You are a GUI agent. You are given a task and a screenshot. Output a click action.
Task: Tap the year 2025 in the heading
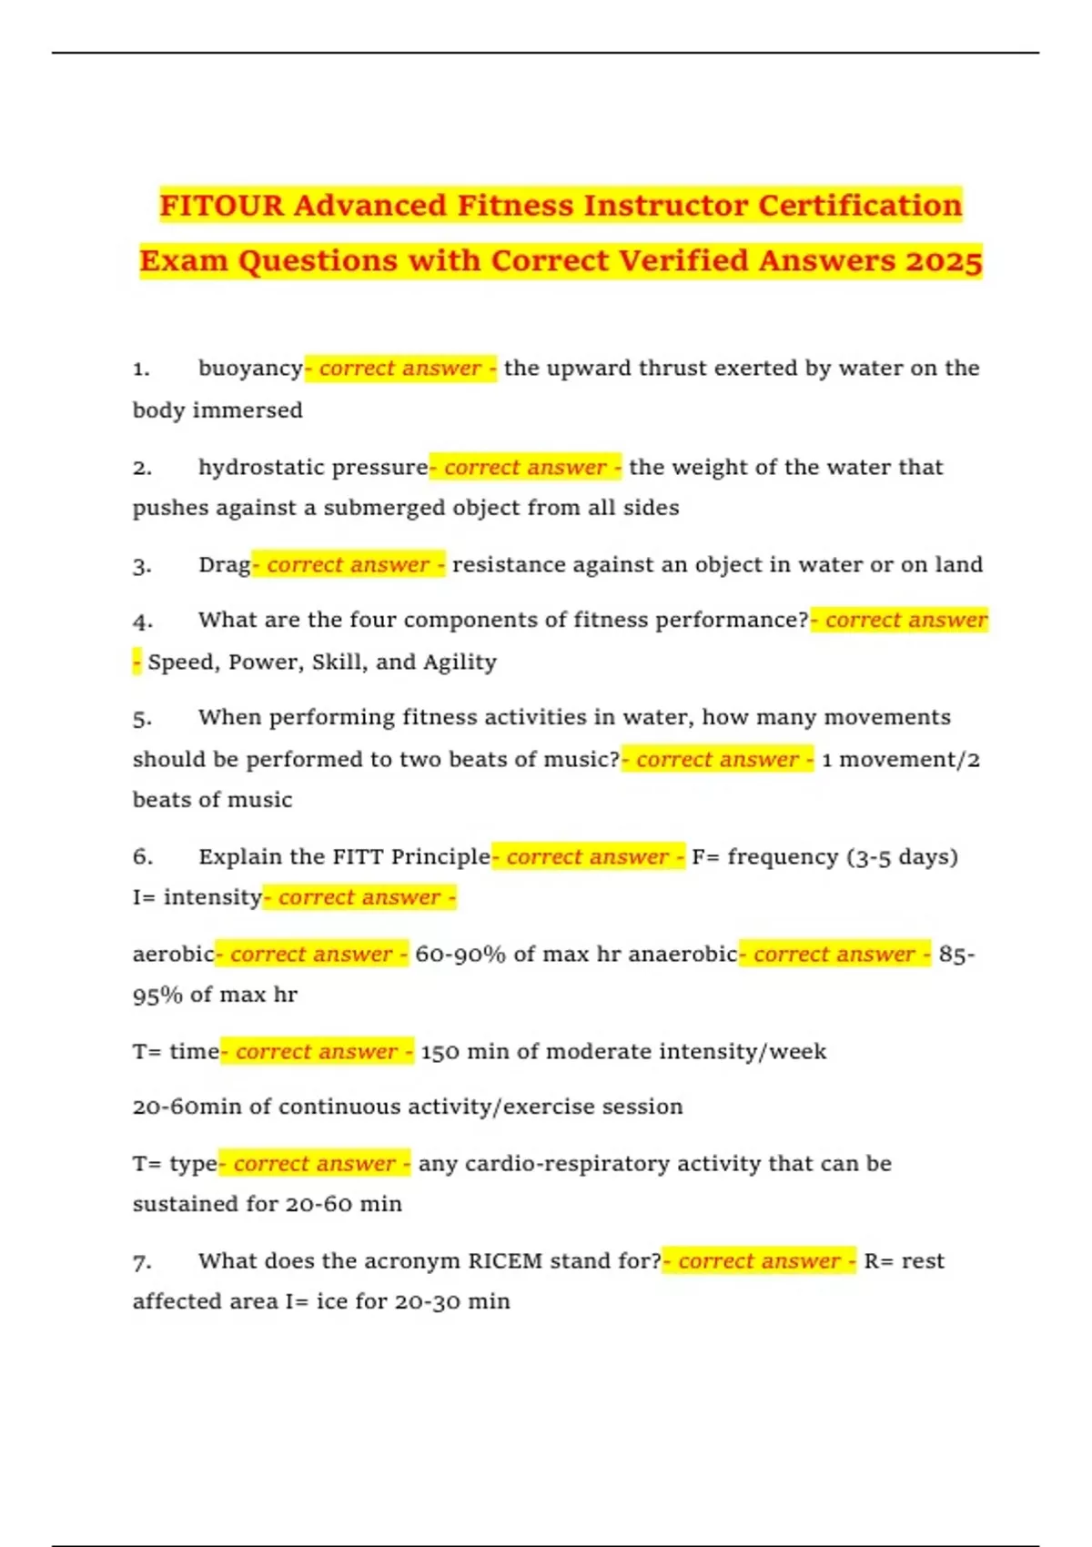(944, 261)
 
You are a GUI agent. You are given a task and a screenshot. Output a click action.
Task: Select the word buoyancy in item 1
(250, 369)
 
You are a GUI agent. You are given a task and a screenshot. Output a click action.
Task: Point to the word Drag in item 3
(224, 565)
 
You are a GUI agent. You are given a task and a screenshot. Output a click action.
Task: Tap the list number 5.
(142, 719)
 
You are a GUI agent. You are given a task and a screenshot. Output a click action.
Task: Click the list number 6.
(142, 857)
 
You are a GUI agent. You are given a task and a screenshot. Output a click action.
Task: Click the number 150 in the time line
(440, 1052)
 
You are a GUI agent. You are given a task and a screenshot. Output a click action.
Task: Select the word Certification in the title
(859, 206)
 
